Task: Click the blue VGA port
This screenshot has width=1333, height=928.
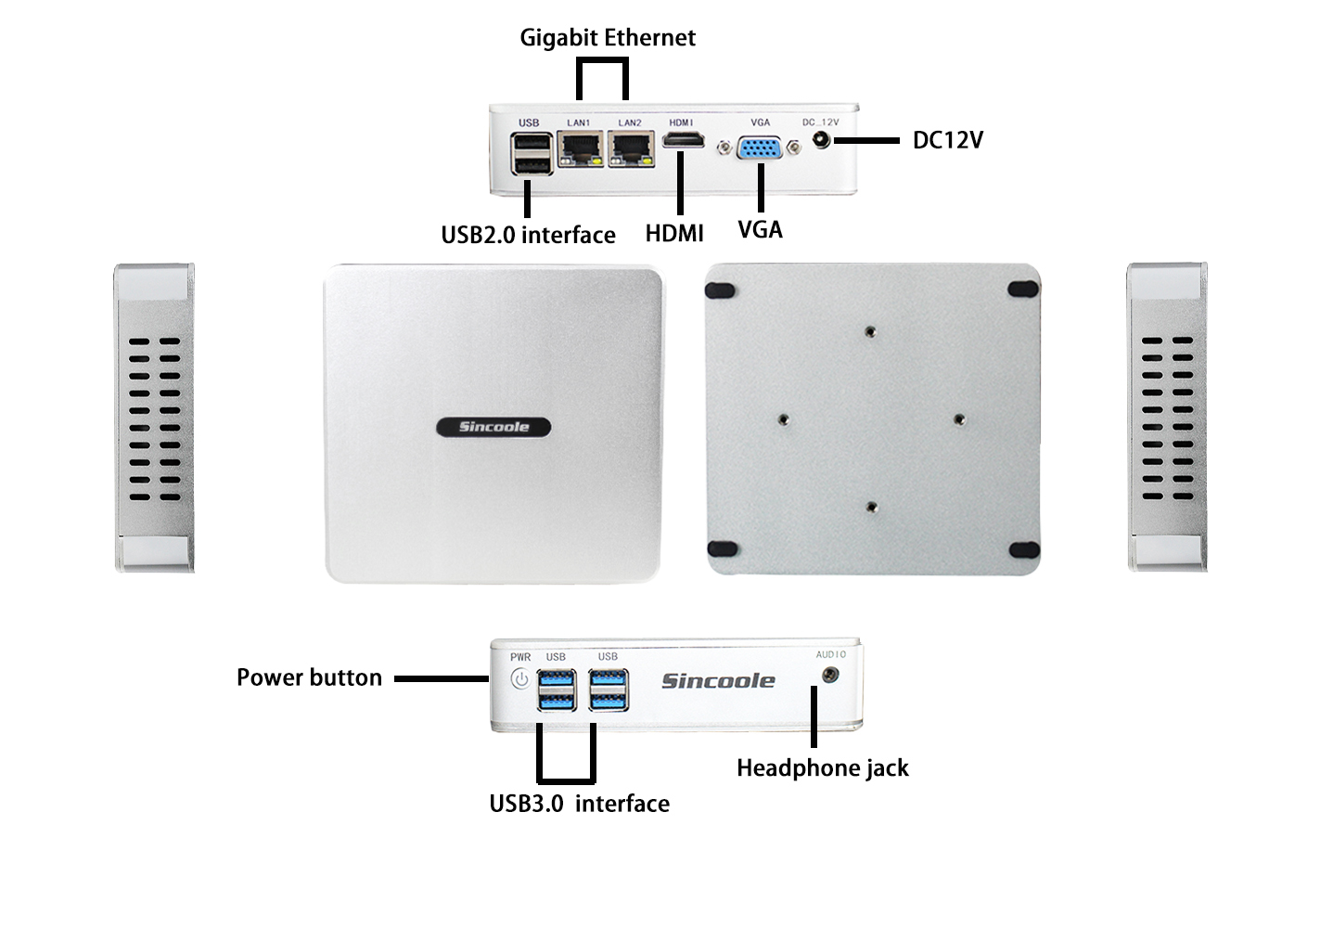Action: click(760, 148)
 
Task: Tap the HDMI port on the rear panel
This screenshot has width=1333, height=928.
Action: click(683, 141)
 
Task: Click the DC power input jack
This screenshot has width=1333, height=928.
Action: click(821, 140)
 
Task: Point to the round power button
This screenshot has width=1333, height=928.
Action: click(520, 679)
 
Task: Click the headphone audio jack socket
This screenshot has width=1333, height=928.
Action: click(830, 675)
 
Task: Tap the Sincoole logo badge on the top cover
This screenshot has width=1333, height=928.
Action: click(493, 427)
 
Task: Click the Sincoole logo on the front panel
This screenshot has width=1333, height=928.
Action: click(717, 681)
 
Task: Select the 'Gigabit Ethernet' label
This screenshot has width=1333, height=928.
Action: click(607, 38)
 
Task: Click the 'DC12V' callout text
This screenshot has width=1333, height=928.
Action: click(947, 140)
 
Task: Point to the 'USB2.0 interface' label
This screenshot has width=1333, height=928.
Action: click(528, 235)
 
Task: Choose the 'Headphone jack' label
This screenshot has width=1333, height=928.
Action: click(822, 768)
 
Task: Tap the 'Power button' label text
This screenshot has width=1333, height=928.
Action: click(309, 677)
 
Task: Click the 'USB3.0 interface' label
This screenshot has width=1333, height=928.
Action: click(579, 804)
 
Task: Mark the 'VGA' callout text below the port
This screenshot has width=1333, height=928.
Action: click(760, 229)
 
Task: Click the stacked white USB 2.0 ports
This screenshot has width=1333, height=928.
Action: click(532, 154)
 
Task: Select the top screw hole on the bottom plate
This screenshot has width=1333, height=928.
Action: click(869, 331)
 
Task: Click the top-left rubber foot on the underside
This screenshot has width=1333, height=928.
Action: click(720, 290)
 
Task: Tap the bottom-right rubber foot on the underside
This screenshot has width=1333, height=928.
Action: click(1023, 550)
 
